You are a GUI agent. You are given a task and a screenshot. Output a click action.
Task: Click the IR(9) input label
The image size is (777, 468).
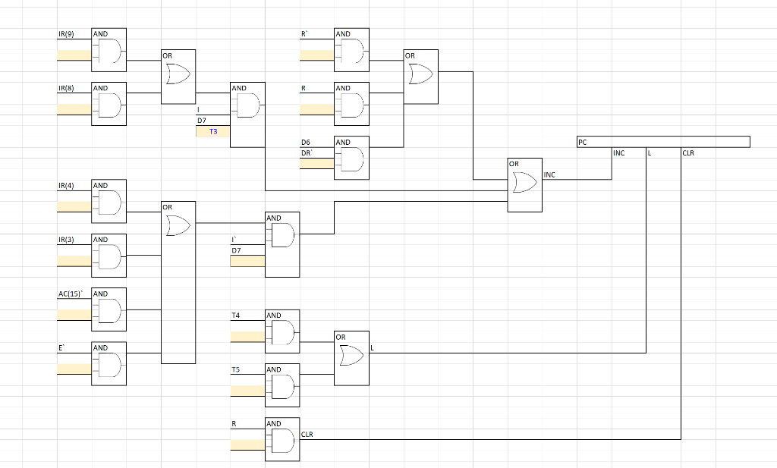coord(67,34)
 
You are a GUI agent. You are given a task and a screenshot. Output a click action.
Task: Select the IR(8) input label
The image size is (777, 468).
coord(67,88)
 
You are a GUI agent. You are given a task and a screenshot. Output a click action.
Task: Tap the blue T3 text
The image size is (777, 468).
coord(212,131)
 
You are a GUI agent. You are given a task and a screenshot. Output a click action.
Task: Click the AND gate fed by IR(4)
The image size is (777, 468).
coord(109,202)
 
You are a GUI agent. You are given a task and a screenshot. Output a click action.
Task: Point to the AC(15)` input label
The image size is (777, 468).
coord(72,294)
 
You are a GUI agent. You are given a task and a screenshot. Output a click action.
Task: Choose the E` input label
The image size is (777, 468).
coord(61,347)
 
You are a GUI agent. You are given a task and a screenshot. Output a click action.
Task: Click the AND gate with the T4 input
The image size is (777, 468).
coord(282,331)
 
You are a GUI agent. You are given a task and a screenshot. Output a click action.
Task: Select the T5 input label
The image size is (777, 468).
coord(236,369)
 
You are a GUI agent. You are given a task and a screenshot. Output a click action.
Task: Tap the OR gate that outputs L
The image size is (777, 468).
coord(351,353)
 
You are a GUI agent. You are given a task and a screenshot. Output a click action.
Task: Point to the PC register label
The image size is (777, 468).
coord(582,142)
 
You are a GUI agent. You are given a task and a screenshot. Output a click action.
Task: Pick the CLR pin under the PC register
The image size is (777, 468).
coord(688,153)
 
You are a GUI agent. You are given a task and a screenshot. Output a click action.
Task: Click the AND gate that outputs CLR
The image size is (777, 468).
coord(282,440)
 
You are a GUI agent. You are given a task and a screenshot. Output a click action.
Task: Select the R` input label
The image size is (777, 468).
coord(304,34)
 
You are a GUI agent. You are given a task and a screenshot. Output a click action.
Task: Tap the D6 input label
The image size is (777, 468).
coord(305,142)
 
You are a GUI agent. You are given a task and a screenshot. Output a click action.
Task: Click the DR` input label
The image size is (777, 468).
coord(307,152)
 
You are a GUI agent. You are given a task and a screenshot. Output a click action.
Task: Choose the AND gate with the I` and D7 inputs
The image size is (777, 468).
coord(282,240)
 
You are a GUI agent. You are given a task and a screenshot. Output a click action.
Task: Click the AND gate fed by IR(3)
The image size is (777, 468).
coord(109,256)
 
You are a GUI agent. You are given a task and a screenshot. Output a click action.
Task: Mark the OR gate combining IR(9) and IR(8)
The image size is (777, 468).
coord(178,76)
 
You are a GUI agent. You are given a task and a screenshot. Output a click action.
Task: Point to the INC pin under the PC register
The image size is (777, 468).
coord(618,153)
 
